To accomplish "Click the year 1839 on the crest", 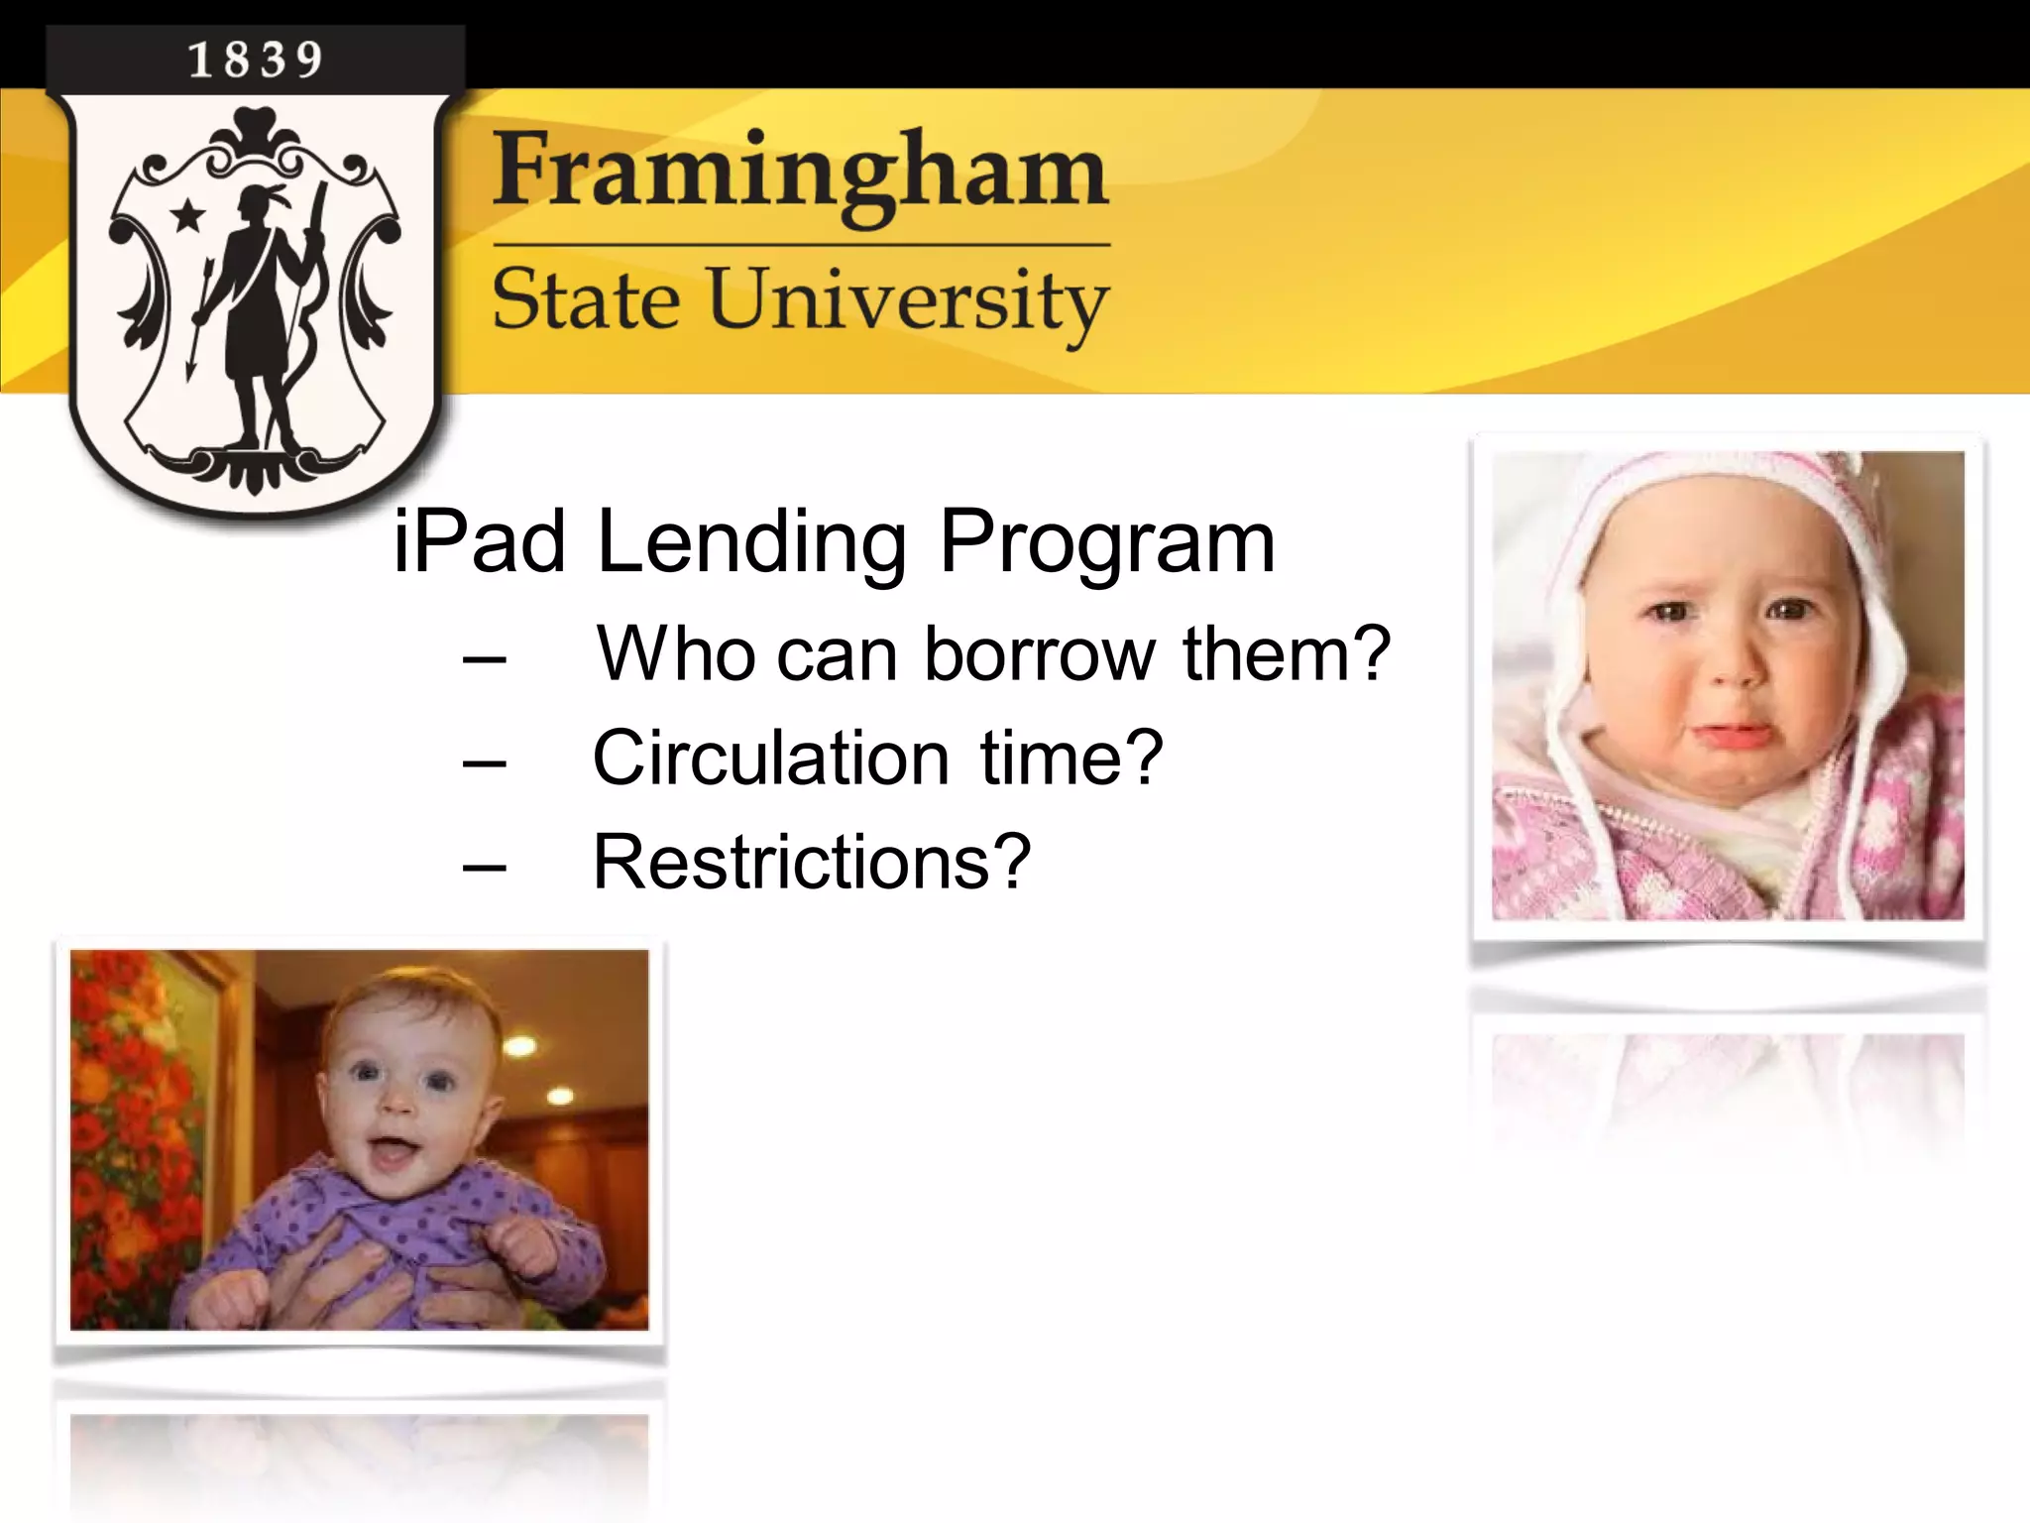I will (x=255, y=59).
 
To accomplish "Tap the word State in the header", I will (x=586, y=299).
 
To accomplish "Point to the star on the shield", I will (x=187, y=215).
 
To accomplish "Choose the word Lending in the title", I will (x=750, y=544).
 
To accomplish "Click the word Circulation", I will (x=771, y=759).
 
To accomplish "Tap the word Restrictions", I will (x=812, y=862).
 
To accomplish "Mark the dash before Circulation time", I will (x=484, y=762).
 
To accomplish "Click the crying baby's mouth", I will (x=1728, y=736).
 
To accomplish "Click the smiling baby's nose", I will (x=398, y=1111).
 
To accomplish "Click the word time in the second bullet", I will (x=1071, y=759).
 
